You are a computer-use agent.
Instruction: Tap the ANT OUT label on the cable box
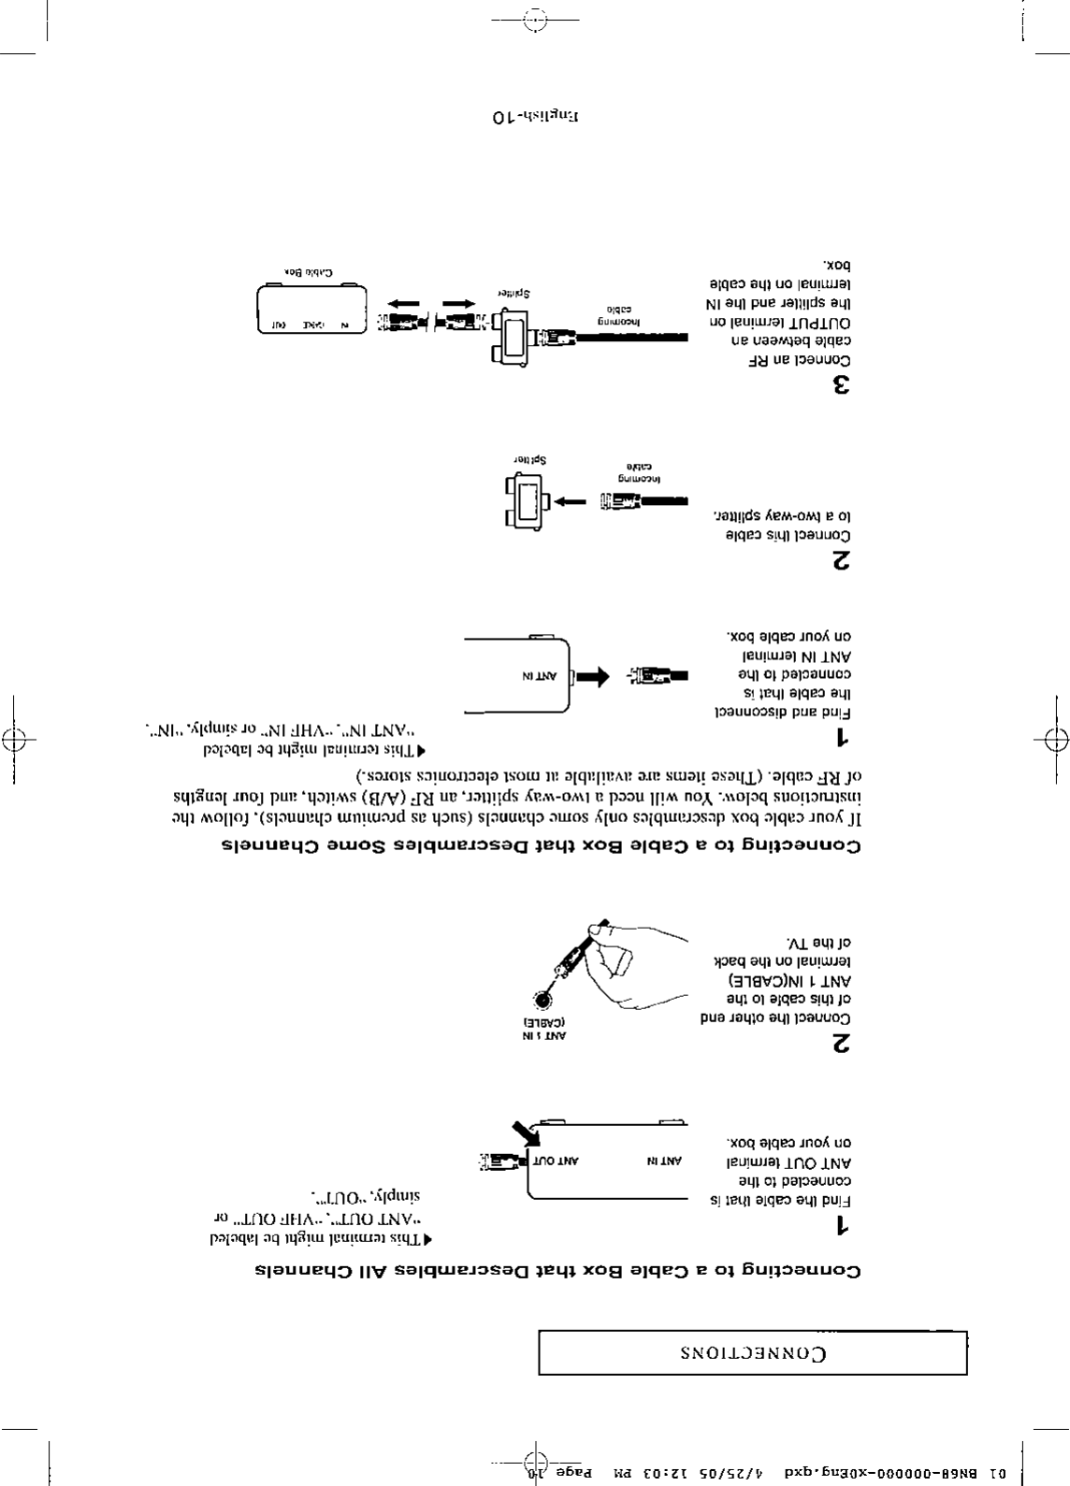[557, 1161]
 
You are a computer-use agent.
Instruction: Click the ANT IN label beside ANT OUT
[665, 1161]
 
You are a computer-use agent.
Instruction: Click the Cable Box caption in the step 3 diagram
[310, 272]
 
